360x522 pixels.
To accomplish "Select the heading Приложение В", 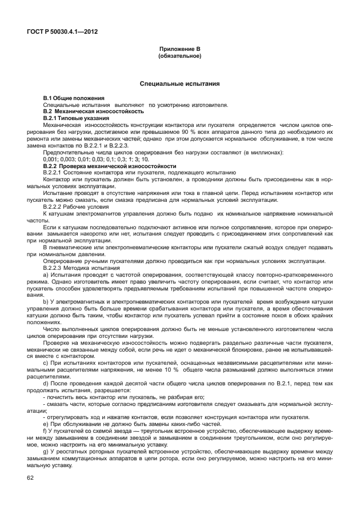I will [179, 50].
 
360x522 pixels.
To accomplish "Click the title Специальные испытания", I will [179, 84].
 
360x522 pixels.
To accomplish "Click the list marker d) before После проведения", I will [46, 384].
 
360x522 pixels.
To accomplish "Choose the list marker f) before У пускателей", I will [45, 431].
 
